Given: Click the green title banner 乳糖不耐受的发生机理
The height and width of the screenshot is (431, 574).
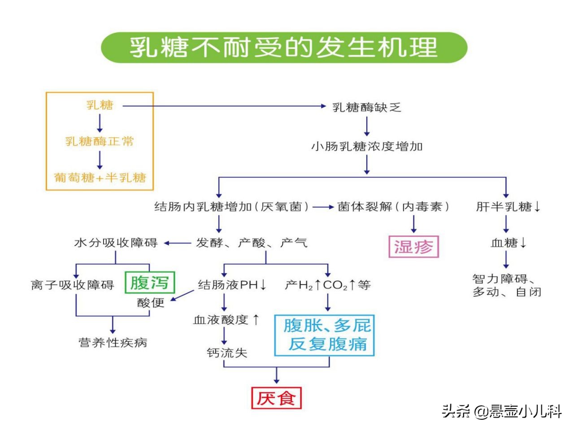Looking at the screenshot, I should [284, 47].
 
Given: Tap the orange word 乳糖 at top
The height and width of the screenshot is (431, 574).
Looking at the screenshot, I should [100, 105].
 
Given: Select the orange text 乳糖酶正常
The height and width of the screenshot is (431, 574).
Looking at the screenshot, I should [100, 142].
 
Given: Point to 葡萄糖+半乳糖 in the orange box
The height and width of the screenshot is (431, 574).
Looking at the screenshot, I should [100, 178].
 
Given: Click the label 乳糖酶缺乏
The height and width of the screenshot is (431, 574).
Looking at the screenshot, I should [366, 108].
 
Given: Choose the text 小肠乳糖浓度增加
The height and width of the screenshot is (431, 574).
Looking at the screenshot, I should [367, 147].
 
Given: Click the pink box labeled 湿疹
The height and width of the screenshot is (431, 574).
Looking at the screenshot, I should [413, 247].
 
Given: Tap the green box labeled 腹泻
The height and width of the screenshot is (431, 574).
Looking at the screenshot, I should [149, 283].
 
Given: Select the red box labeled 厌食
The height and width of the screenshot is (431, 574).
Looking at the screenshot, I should [276, 398].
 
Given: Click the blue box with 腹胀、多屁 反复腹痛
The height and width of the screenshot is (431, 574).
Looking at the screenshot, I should [324, 335].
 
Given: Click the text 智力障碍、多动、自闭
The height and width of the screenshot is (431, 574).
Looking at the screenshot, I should [506, 286].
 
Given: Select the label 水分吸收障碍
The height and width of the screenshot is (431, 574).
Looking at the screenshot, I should [116, 243].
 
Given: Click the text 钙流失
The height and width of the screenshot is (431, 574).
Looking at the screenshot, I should [227, 353].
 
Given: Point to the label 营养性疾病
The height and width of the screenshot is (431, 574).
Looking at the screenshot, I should [113, 343].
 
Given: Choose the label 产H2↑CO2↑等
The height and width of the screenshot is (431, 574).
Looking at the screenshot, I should [327, 285].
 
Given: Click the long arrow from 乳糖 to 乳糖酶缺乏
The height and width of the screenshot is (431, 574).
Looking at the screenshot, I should [224, 106].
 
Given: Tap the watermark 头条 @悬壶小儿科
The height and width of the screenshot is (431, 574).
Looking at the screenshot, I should [501, 411].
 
